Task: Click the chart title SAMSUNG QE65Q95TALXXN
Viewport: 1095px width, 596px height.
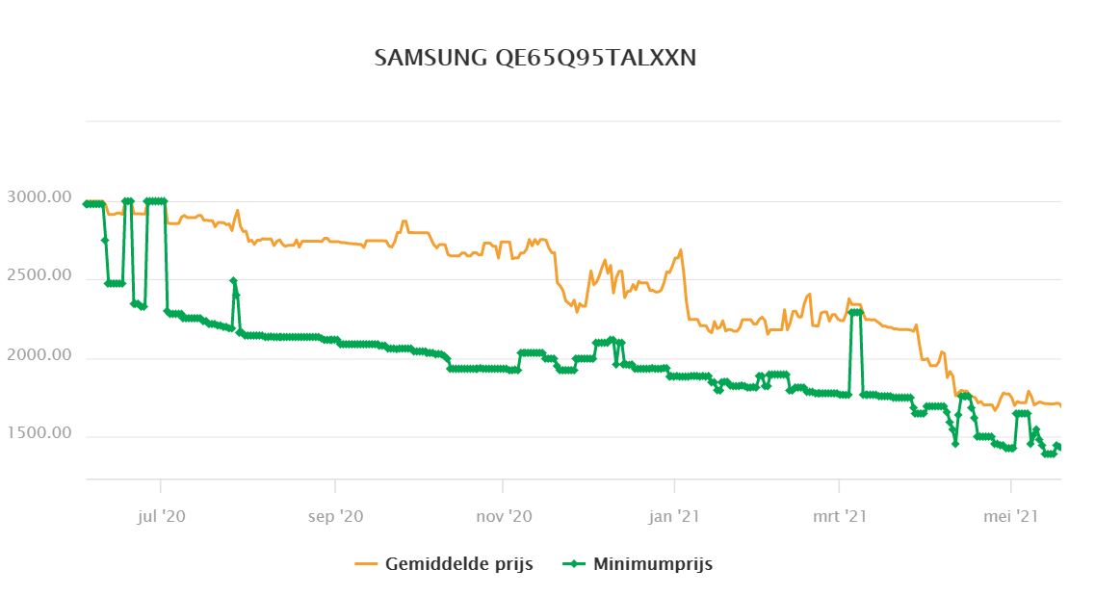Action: pos(534,58)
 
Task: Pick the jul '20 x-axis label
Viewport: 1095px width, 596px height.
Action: pos(161,517)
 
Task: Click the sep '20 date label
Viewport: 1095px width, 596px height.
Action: pos(335,517)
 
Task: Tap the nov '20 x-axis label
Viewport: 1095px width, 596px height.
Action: pos(504,517)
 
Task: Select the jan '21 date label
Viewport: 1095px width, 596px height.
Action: pos(675,517)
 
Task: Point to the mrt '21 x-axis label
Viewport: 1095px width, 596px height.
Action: pos(840,517)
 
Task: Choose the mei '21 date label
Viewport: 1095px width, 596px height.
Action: pos(1011,517)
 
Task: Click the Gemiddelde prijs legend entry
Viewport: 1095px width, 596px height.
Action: pos(458,563)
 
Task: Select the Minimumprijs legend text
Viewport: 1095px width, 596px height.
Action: pos(652,563)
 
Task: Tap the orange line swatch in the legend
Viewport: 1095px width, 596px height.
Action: pos(367,563)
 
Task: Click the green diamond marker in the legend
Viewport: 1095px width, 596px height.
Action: pos(574,563)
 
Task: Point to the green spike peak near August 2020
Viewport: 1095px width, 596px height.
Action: pos(234,281)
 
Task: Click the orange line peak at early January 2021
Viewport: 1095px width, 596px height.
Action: pos(681,250)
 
